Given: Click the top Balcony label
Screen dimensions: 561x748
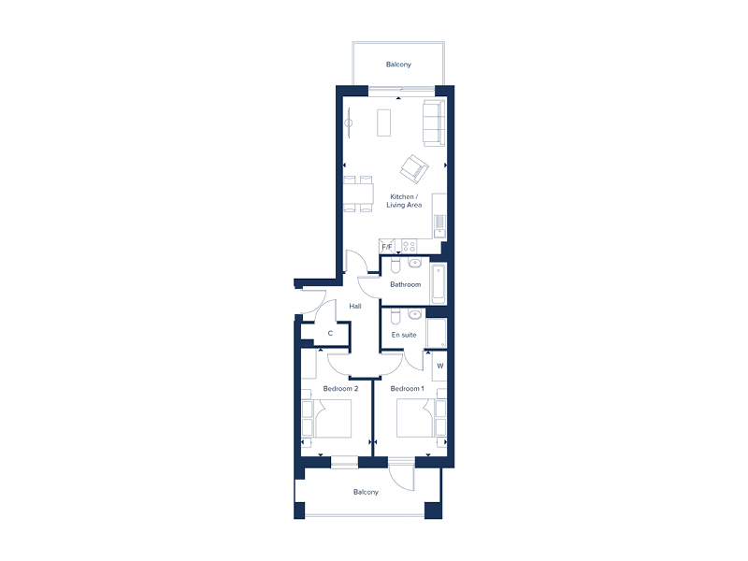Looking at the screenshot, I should point(398,65).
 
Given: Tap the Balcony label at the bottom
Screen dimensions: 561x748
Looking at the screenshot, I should point(366,492).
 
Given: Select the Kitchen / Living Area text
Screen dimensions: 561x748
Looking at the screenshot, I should point(405,201).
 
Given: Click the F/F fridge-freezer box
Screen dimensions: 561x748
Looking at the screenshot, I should point(386,247).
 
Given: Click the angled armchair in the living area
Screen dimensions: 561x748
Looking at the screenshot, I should point(413,168).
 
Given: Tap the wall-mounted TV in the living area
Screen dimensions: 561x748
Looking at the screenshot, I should point(348,122).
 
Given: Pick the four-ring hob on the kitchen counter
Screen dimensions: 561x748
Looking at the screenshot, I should point(409,246).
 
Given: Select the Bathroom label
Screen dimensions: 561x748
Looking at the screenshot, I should point(405,284).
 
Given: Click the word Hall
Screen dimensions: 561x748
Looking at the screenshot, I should point(355,306).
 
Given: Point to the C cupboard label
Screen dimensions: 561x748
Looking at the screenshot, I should point(330,333).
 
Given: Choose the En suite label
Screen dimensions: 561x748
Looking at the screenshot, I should point(403,333).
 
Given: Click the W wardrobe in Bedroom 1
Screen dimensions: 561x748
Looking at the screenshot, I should point(439,366).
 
